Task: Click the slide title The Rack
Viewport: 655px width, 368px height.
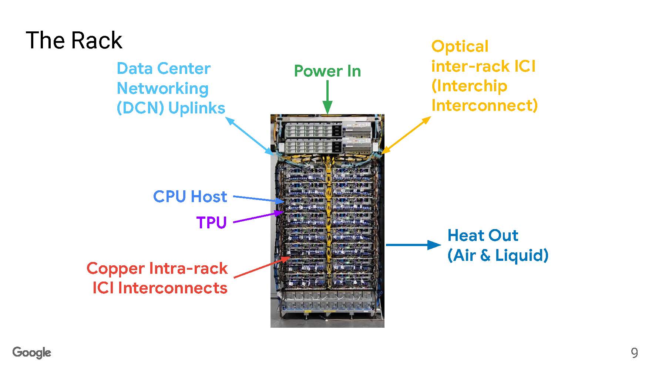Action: (x=74, y=40)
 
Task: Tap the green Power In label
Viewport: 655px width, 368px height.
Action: (x=327, y=71)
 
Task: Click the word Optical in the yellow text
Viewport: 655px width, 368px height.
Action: (x=460, y=47)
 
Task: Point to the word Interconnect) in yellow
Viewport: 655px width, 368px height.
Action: (x=484, y=105)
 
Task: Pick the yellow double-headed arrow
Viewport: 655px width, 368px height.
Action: (x=406, y=135)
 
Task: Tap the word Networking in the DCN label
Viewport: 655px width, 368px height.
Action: (x=162, y=89)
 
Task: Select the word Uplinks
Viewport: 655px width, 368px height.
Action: (x=196, y=108)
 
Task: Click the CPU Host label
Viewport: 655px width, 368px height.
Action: (x=190, y=197)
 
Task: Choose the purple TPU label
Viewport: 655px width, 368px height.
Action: (x=211, y=222)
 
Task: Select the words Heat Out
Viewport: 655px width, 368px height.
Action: (x=483, y=235)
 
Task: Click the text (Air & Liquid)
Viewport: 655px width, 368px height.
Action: (x=498, y=255)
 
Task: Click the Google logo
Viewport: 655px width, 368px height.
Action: (x=32, y=352)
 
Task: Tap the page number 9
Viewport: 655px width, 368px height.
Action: (x=634, y=353)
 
